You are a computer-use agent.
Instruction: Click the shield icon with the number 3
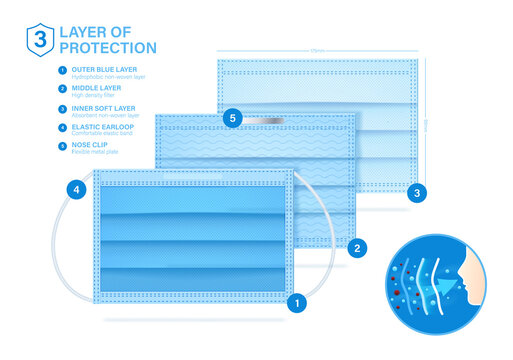point(39,39)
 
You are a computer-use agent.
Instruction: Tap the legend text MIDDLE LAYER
point(92,88)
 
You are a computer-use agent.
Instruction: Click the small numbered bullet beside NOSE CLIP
point(62,145)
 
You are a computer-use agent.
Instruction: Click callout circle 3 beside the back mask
point(418,191)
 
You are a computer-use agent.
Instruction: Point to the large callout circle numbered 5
point(233,118)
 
